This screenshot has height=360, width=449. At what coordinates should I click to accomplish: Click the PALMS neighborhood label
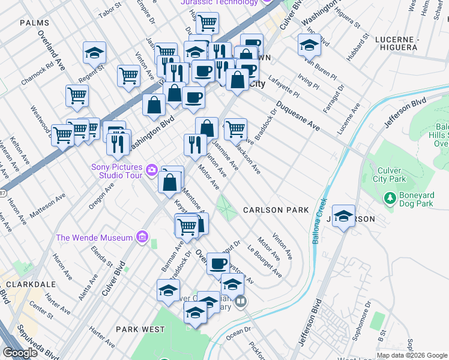click(x=34, y=22)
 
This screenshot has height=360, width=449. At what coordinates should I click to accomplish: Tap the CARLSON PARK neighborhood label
click(x=276, y=210)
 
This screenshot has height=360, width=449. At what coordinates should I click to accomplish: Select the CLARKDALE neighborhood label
click(x=28, y=284)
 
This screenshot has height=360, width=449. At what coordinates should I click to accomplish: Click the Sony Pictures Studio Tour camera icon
click(x=151, y=171)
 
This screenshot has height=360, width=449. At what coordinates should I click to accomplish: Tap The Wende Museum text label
click(x=94, y=238)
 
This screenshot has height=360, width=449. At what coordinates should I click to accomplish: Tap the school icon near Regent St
click(x=94, y=53)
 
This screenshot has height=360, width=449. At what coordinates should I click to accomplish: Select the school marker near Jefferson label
click(x=343, y=216)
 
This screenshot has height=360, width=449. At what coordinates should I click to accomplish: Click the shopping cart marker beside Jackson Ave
click(x=235, y=128)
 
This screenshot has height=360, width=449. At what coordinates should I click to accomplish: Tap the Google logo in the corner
click(x=20, y=353)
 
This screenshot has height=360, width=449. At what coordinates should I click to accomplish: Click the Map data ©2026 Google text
click(x=412, y=355)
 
